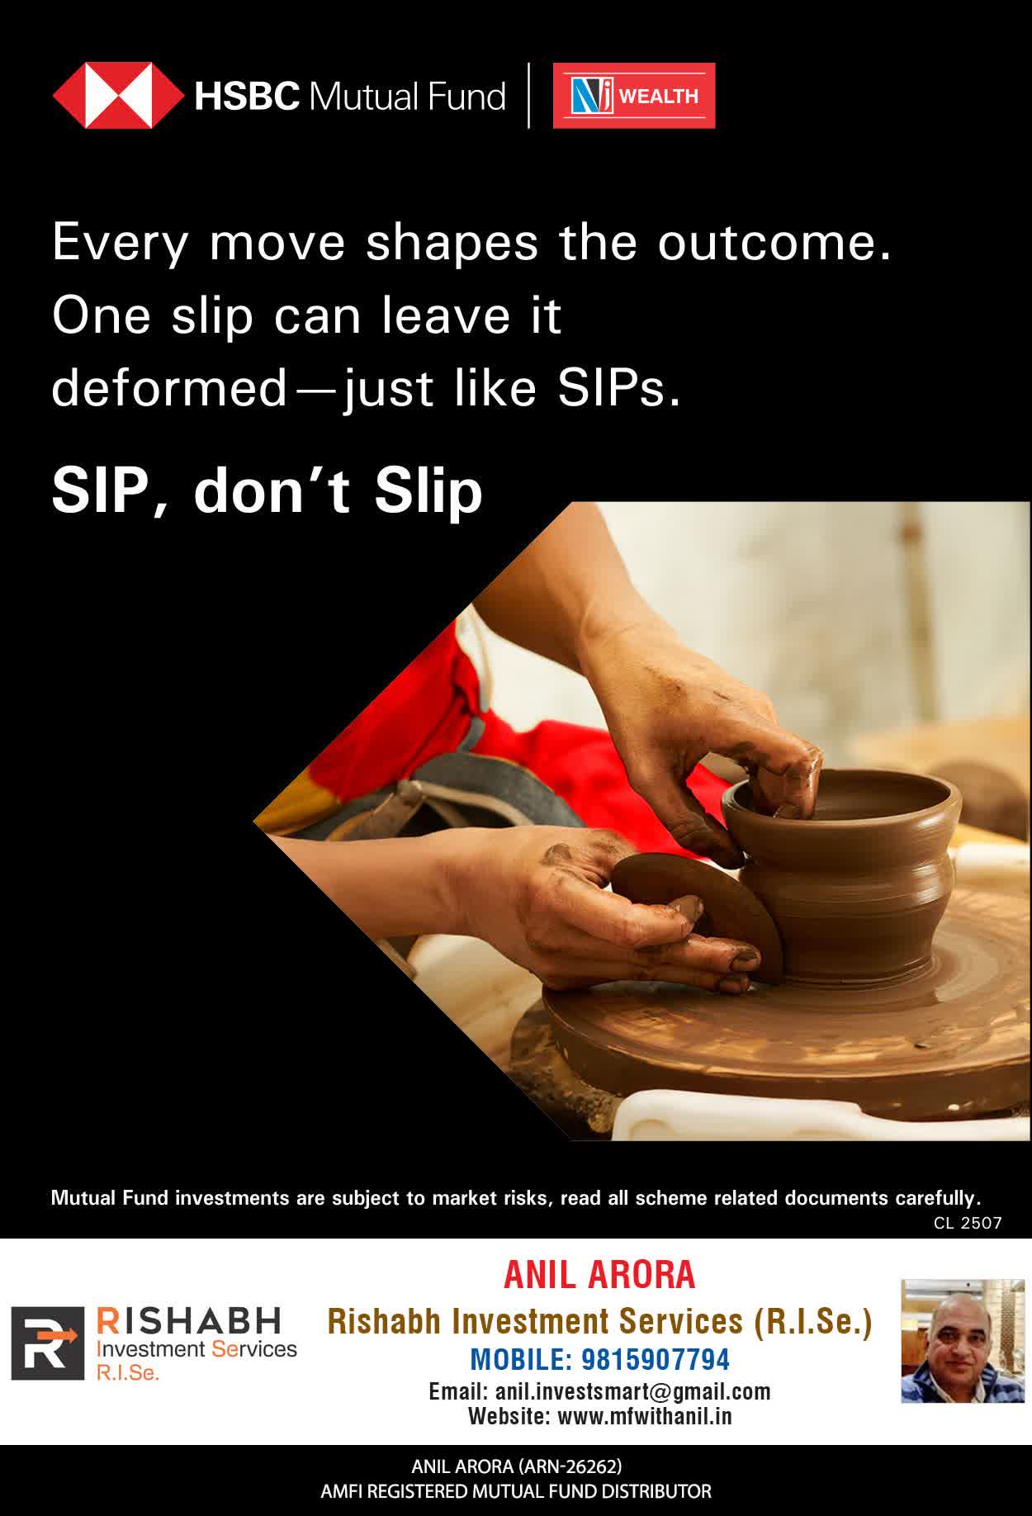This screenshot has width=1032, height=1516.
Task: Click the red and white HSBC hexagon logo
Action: pyautogui.click(x=118, y=96)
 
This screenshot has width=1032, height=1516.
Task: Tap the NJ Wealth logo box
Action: pyautogui.click(x=634, y=96)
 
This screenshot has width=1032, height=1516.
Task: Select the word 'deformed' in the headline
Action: pyautogui.click(x=169, y=388)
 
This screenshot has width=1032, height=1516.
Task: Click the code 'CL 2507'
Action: pyautogui.click(x=968, y=1223)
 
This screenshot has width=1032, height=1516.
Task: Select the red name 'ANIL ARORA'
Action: pyautogui.click(x=600, y=1275)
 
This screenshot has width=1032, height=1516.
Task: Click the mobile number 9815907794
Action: pyautogui.click(x=656, y=1359)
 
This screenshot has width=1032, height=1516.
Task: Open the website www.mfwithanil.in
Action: pyautogui.click(x=645, y=1417)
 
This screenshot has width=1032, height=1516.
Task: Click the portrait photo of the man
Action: pyautogui.click(x=962, y=1341)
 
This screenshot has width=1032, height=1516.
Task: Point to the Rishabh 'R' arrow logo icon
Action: pyautogui.click(x=47, y=1343)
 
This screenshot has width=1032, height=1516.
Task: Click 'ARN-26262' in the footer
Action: pyautogui.click(x=569, y=1466)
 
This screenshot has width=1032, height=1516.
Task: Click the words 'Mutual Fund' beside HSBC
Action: pyautogui.click(x=407, y=97)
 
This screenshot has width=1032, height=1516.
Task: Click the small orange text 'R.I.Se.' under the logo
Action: pyautogui.click(x=127, y=1373)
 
